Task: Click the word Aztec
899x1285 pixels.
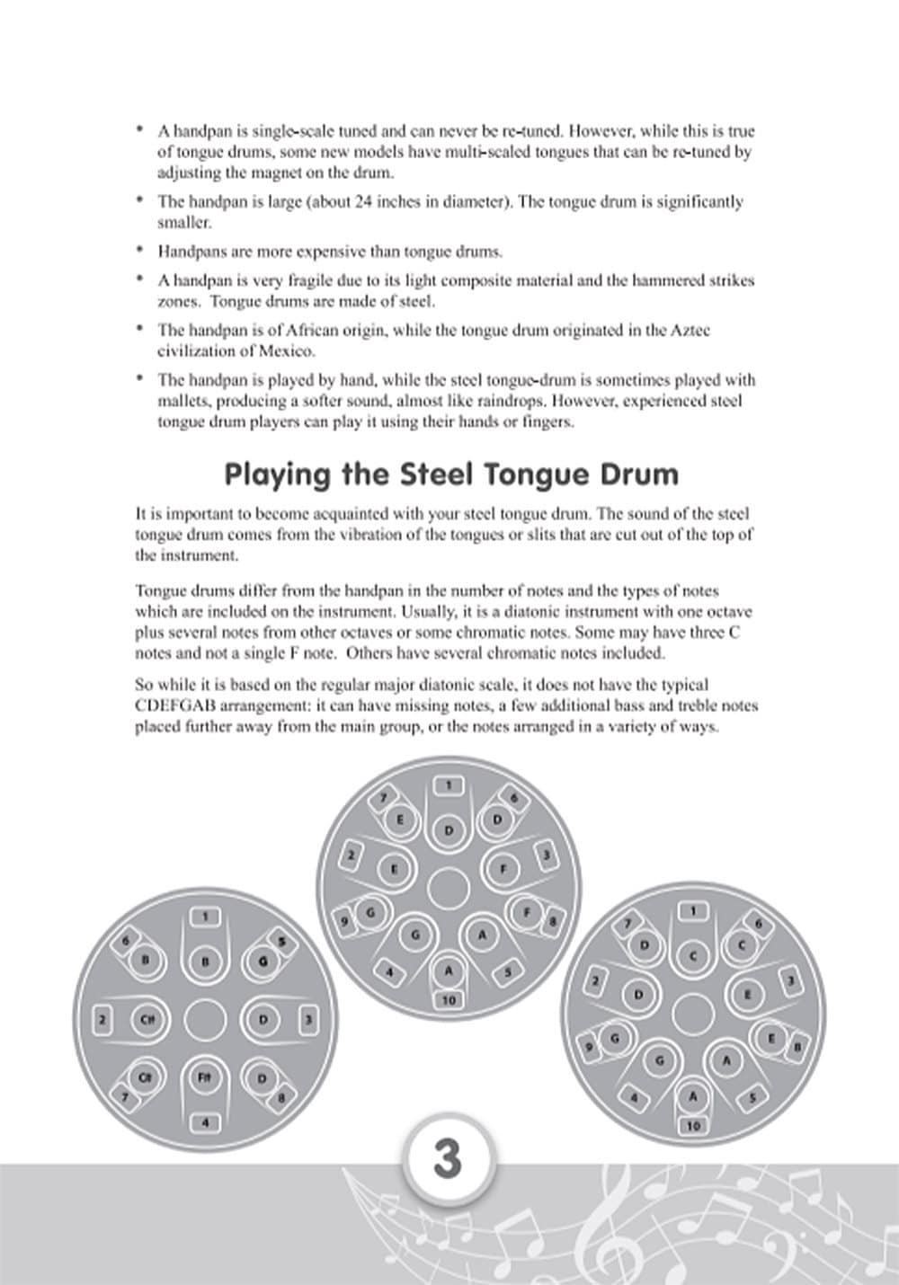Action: pyautogui.click(x=690, y=330)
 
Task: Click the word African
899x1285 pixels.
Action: pyautogui.click(x=352, y=330)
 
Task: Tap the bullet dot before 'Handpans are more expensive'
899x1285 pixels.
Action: pyautogui.click(x=139, y=250)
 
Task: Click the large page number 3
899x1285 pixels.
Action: pyautogui.click(x=448, y=1158)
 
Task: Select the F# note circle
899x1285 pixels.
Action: pyautogui.click(x=204, y=1078)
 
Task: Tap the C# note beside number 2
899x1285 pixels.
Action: pyautogui.click(x=147, y=1020)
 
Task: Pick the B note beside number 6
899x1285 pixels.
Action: pyautogui.click(x=146, y=961)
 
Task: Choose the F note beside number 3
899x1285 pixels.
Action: pyautogui.click(x=503, y=869)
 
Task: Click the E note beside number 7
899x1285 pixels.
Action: pyautogui.click(x=400, y=820)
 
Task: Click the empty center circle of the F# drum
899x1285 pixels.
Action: pyautogui.click(x=205, y=1020)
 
